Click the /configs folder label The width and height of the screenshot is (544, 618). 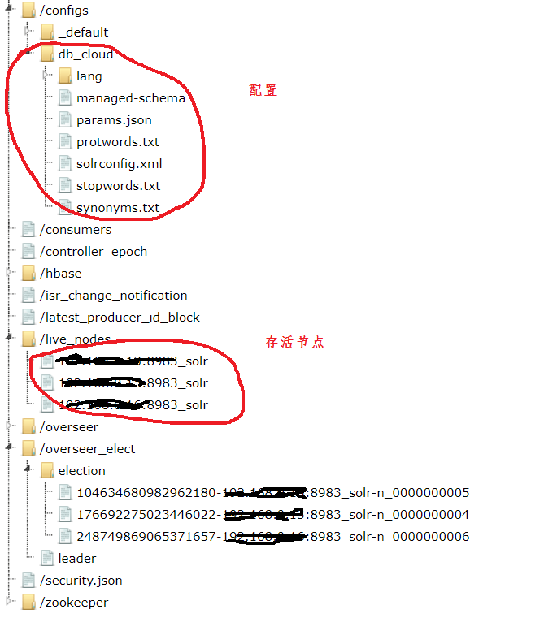tap(63, 11)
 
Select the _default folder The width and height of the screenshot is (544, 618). tap(83, 32)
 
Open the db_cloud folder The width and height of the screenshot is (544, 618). tap(85, 54)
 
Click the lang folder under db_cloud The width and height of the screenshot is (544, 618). tap(89, 76)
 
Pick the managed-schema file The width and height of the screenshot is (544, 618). tap(131, 98)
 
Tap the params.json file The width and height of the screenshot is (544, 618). tap(114, 120)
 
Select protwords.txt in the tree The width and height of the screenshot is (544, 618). tap(118, 142)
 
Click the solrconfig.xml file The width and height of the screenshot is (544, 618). tap(120, 164)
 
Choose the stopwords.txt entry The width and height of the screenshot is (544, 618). tap(119, 186)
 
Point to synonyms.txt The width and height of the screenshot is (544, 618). tap(118, 208)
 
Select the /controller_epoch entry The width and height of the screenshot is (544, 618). tap(94, 252)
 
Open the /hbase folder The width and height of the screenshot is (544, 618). tap(61, 274)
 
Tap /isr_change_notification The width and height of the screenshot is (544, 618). tap(114, 296)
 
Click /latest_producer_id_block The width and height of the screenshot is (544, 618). tap(120, 318)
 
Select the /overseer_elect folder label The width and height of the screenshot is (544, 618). tap(88, 449)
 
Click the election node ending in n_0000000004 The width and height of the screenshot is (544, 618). tap(272, 515)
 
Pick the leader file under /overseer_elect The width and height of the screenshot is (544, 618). tap(77, 559)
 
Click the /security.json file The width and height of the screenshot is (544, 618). tap(81, 581)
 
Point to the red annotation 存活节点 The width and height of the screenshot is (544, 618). tap(294, 342)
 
